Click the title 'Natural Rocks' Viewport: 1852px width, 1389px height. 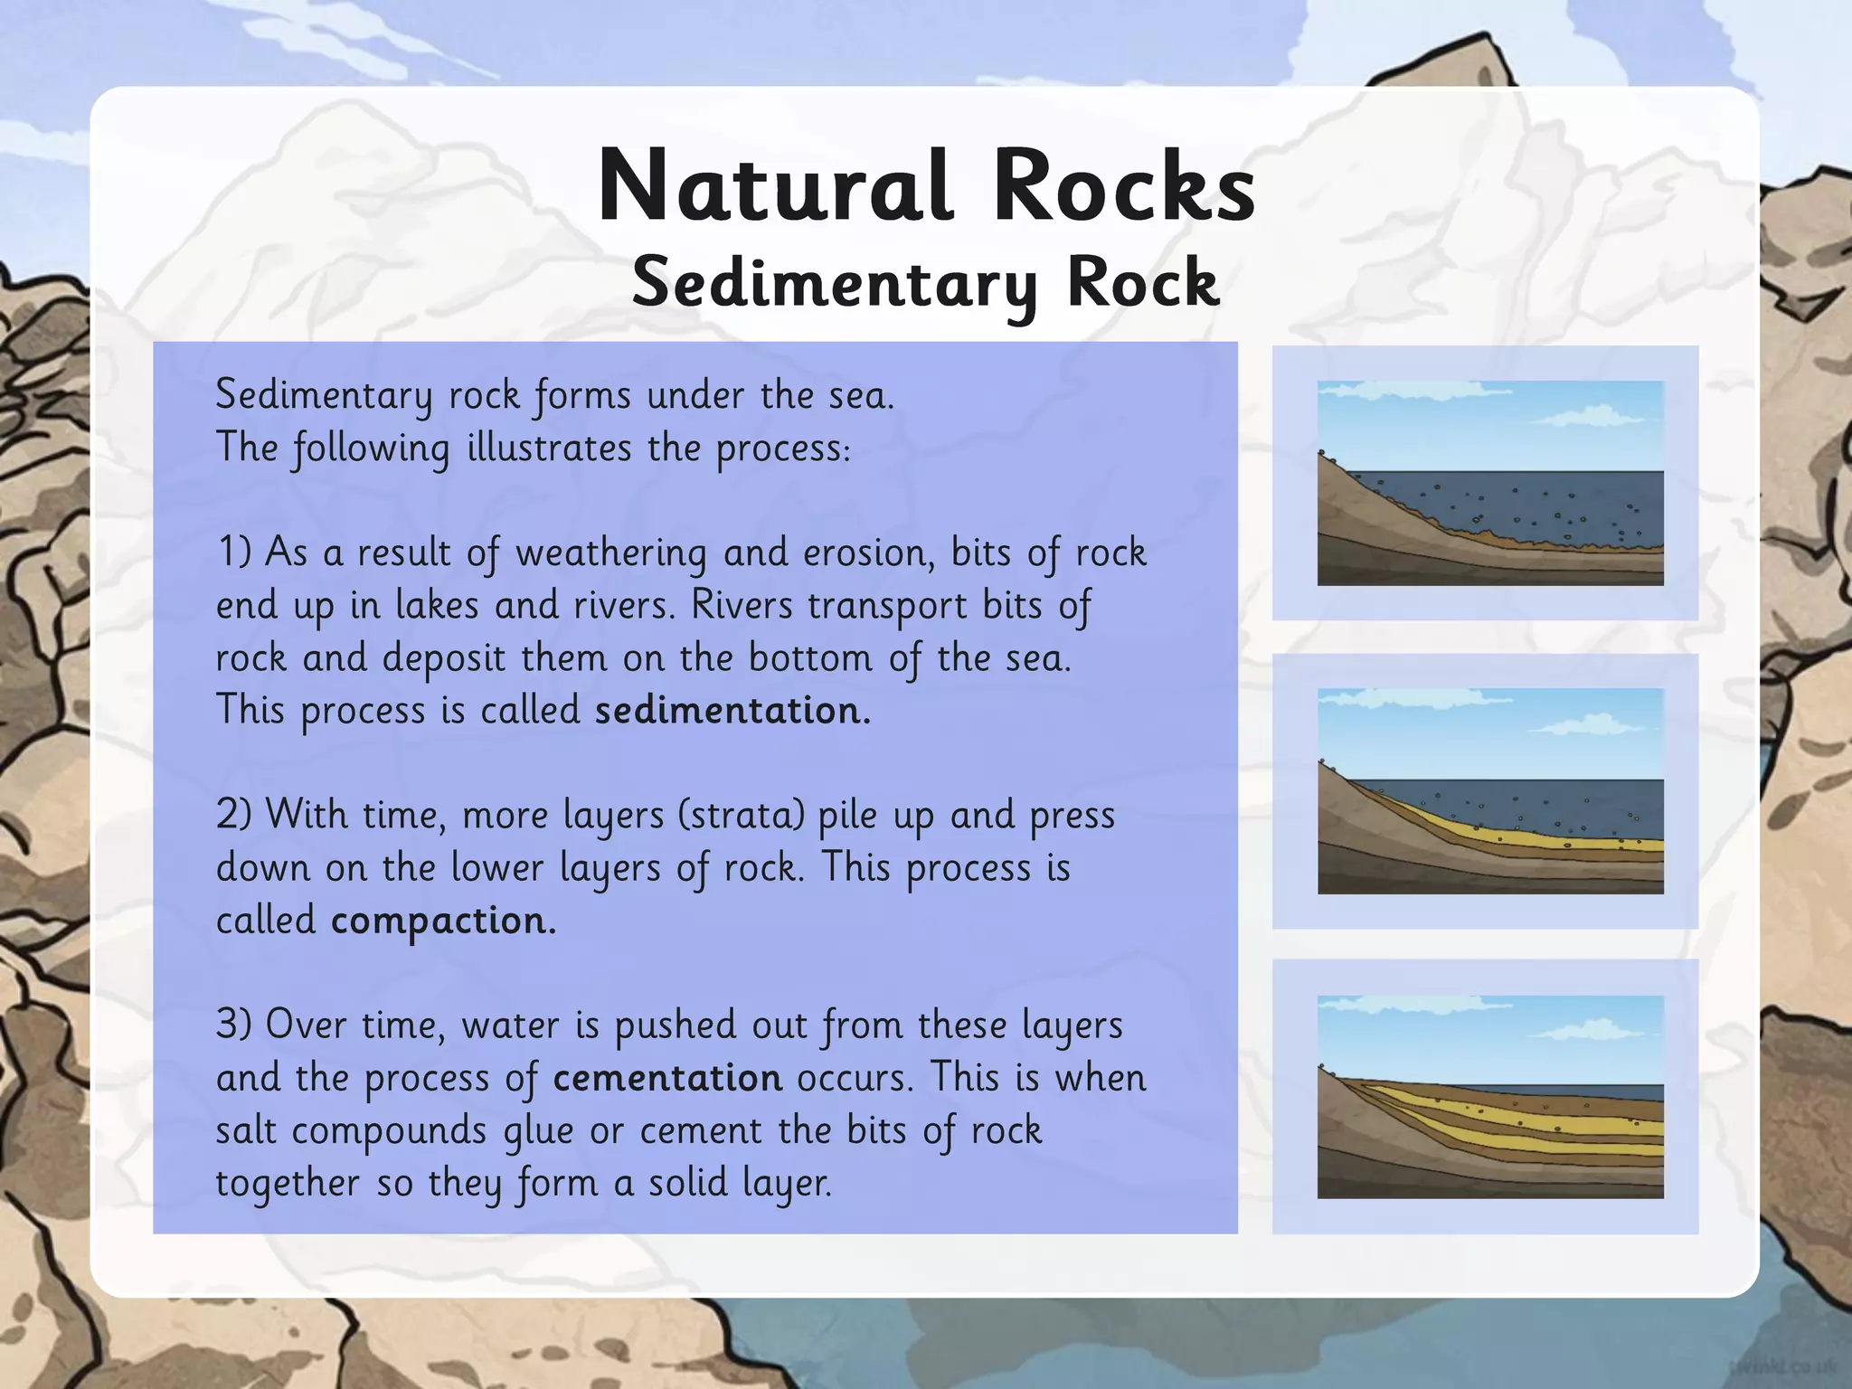926,186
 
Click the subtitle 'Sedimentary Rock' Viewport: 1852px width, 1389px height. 926,282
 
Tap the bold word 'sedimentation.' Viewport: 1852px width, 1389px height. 732,711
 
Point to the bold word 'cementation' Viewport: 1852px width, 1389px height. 667,1078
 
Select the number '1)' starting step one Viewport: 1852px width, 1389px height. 234,552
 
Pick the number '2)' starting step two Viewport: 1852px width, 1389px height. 234,815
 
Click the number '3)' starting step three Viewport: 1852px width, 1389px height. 234,1025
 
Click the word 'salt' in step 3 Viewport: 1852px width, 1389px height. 246,1130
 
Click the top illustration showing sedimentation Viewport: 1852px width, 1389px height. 1489,483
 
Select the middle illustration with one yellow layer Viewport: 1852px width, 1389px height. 1489,791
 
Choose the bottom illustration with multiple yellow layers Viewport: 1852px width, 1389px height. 1489,1097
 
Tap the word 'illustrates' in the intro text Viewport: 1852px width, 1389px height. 549,449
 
